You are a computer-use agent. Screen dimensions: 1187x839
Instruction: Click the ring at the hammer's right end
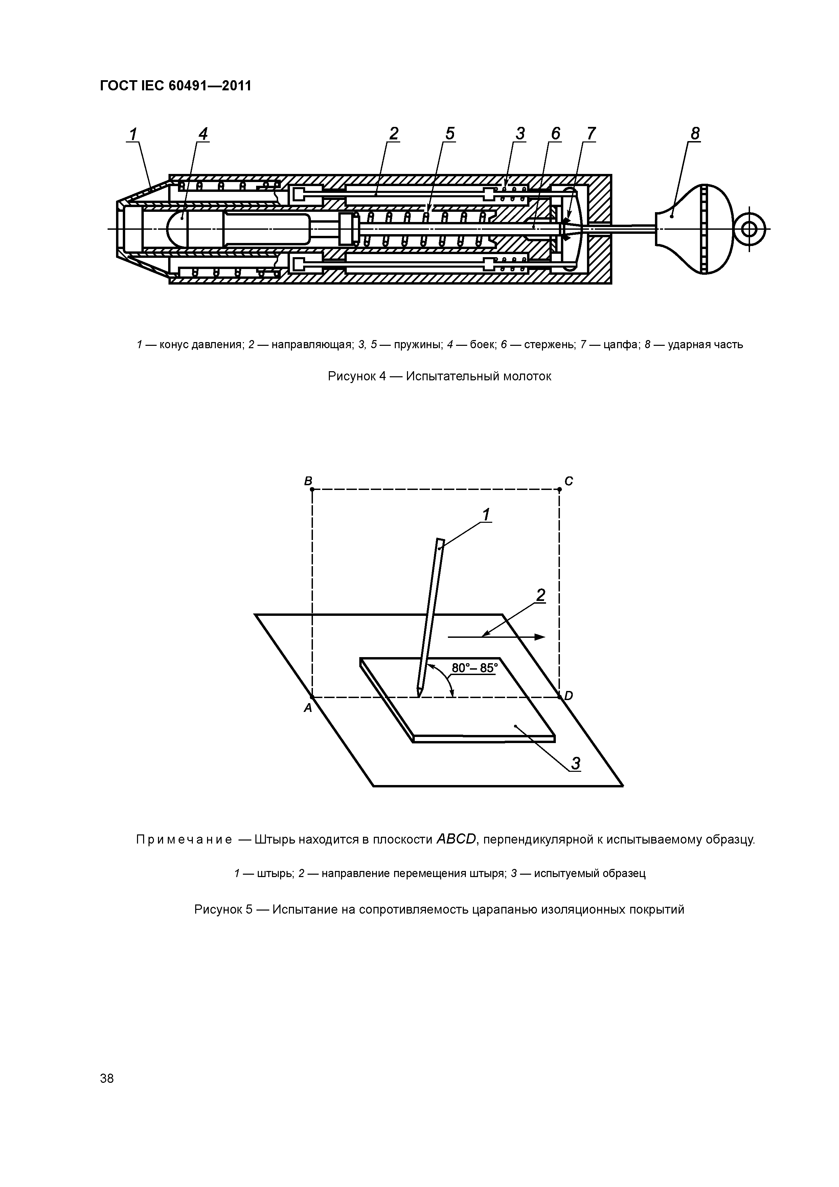[749, 228]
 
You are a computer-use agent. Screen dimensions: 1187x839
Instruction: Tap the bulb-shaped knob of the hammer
[693, 228]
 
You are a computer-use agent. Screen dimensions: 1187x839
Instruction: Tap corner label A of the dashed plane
[308, 708]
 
